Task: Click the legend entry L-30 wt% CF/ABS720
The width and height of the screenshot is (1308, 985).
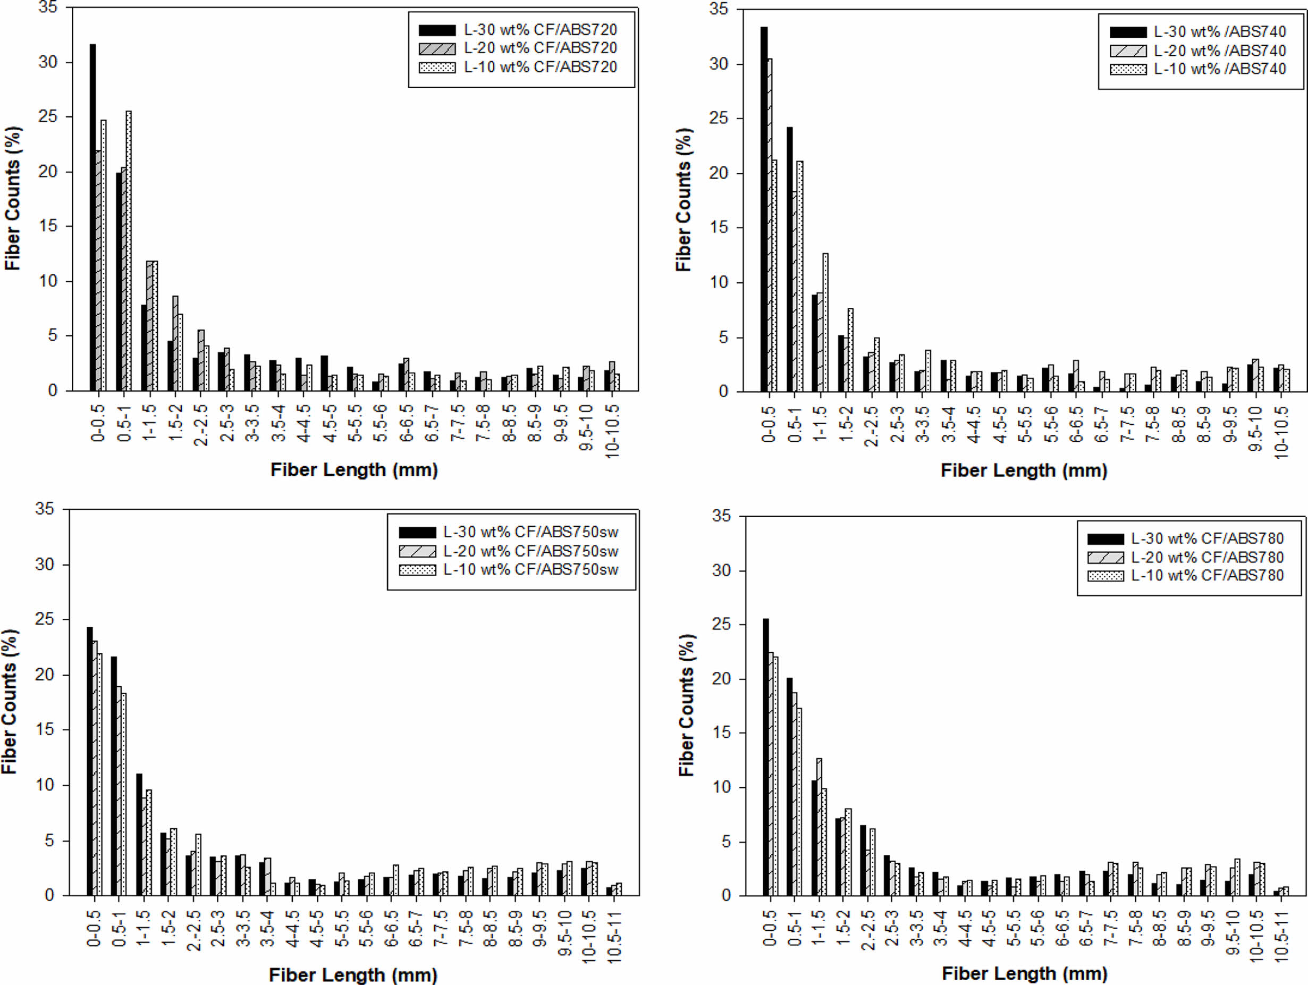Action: pyautogui.click(x=540, y=30)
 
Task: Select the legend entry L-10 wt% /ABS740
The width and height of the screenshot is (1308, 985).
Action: pyautogui.click(x=1219, y=69)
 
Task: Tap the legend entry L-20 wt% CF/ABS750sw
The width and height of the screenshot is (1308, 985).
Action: pyautogui.click(x=530, y=551)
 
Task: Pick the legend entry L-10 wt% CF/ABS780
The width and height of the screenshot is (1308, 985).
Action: pyautogui.click(x=1207, y=575)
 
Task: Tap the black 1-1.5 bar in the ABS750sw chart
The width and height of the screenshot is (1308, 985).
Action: pyautogui.click(x=139, y=834)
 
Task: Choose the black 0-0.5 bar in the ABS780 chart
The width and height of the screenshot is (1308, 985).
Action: pyautogui.click(x=766, y=757)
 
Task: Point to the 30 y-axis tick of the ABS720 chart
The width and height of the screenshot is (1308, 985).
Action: pyautogui.click(x=48, y=62)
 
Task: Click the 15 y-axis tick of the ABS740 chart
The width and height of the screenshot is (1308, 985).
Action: pyautogui.click(x=719, y=228)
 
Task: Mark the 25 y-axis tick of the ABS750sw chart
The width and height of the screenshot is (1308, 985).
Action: pyautogui.click(x=44, y=620)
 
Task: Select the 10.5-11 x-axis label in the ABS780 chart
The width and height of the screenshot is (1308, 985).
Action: pyautogui.click(x=1281, y=937)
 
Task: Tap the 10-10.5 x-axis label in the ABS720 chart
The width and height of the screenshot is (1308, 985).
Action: pyautogui.click(x=612, y=431)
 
